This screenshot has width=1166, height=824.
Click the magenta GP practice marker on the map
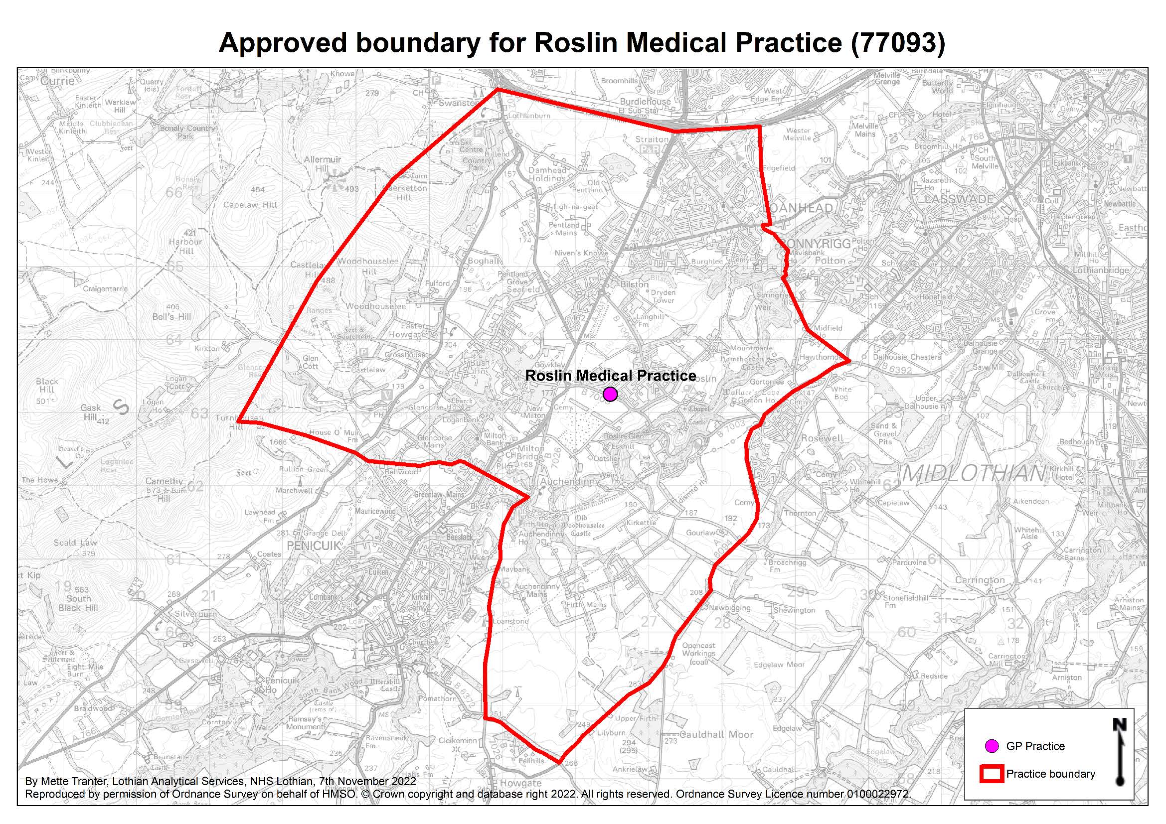pyautogui.click(x=610, y=394)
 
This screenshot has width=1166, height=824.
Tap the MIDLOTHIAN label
pyautogui.click(x=973, y=474)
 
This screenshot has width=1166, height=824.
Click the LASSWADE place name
pyautogui.click(x=959, y=199)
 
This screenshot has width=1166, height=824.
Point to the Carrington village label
pyautogui.click(x=980, y=580)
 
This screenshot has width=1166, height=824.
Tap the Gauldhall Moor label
pyautogui.click(x=716, y=734)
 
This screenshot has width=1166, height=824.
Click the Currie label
pyautogui.click(x=57, y=81)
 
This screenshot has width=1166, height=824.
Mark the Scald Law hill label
pyautogui.click(x=75, y=543)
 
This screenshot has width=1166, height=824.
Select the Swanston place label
pyautogui.click(x=459, y=103)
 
